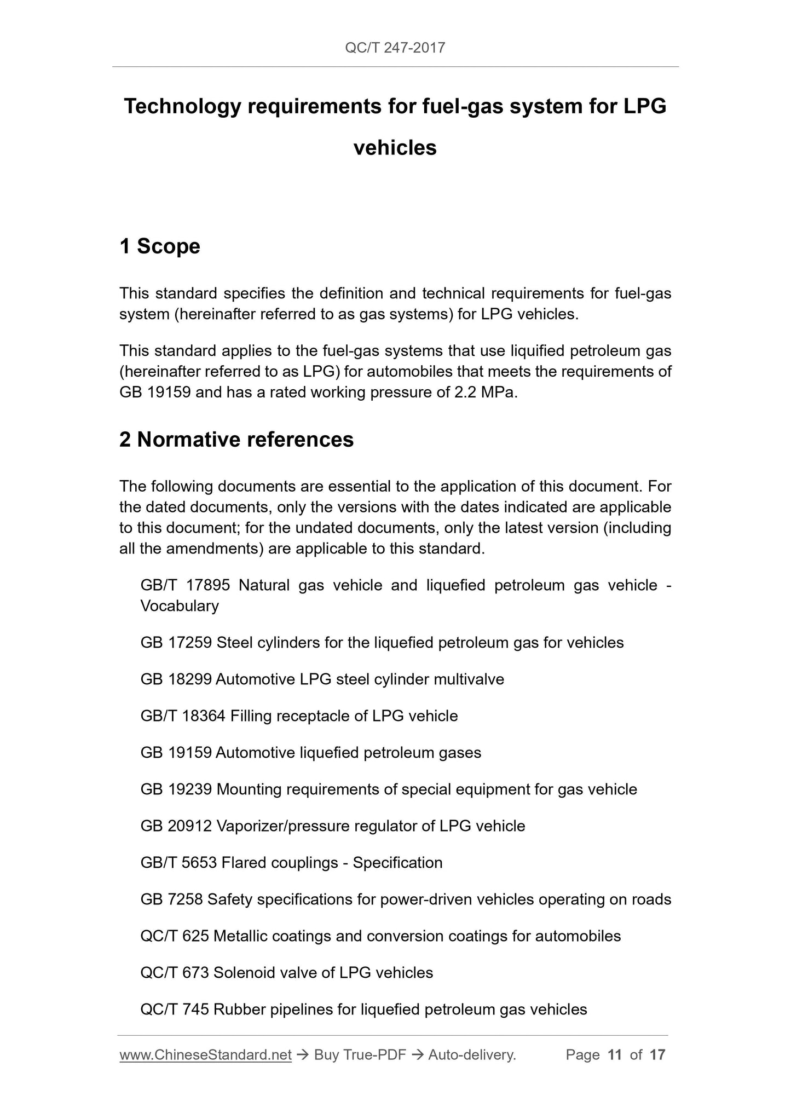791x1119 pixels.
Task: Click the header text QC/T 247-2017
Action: tap(395, 48)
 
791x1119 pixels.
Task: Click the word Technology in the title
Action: tap(182, 106)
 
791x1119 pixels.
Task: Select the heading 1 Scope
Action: tap(160, 246)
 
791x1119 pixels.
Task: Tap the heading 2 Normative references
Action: tap(236, 440)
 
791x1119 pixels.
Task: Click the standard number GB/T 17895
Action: tap(185, 585)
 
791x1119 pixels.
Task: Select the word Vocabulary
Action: tap(180, 606)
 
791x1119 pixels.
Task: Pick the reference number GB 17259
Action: tap(176, 642)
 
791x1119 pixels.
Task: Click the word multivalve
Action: tap(469, 679)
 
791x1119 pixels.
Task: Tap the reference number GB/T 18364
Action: tap(183, 716)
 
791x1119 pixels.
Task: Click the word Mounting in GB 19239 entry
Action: tap(249, 789)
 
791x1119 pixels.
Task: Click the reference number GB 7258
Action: tap(171, 899)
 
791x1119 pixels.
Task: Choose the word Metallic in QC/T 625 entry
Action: tap(240, 936)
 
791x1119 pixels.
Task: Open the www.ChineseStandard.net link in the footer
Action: tap(205, 1055)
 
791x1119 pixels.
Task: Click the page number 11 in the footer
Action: tap(615, 1055)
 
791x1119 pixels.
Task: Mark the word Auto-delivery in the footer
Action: tap(472, 1055)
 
